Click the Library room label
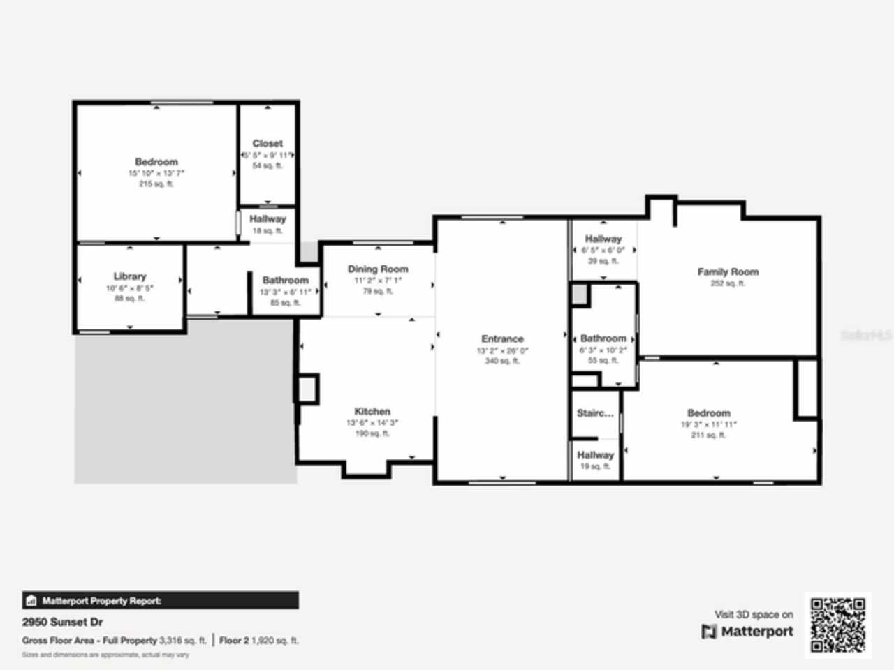130,276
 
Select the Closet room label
268,143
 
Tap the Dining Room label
378,269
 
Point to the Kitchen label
372,411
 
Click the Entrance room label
502,338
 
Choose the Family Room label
728,271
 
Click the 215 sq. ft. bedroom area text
156,184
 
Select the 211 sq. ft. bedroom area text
708,435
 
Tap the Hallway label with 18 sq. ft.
268,219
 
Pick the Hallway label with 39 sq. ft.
603,239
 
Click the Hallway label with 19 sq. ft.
595,454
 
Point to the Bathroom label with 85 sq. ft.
285,280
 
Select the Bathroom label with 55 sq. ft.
603,338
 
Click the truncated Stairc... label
595,413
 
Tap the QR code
838,625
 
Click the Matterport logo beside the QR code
747,632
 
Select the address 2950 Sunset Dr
63,622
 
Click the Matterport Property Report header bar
161,600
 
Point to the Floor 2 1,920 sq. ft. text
258,640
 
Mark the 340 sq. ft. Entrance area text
502,361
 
